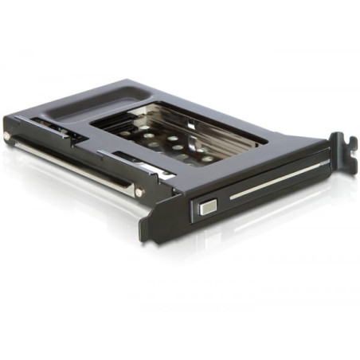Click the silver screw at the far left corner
tap(9, 136)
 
